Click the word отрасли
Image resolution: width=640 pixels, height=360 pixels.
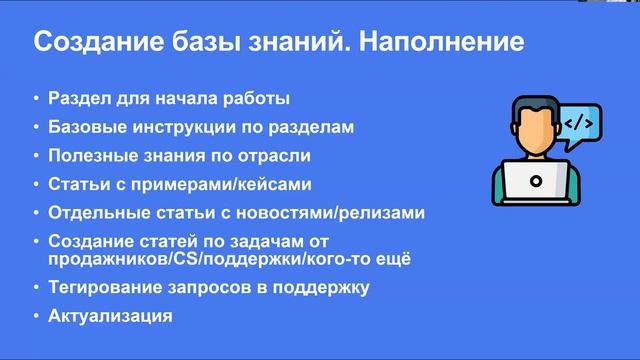pos(277,156)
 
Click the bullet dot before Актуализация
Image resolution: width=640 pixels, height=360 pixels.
pos(35,317)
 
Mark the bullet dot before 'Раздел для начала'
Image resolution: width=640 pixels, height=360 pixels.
pos(35,100)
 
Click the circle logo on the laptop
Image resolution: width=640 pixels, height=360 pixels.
pos(536,182)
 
